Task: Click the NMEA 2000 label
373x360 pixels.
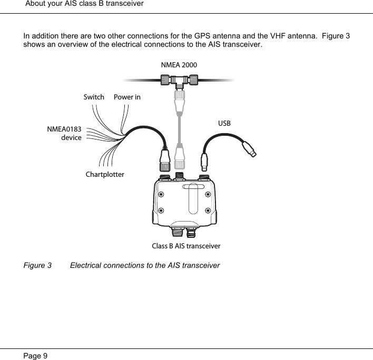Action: [x=179, y=65]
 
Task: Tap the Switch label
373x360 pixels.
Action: [x=94, y=97]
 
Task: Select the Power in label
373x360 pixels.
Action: [x=127, y=97]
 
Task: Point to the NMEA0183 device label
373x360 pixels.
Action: [x=64, y=133]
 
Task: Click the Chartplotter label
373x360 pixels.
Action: [x=105, y=174]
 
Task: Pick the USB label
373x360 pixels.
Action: [x=224, y=124]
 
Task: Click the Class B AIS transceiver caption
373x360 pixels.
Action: [x=186, y=246]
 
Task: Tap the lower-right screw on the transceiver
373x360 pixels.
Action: [x=209, y=211]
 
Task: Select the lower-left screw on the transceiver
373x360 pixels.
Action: [x=161, y=211]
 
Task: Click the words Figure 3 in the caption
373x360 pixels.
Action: [x=37, y=265]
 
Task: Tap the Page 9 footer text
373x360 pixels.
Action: [x=35, y=356]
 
